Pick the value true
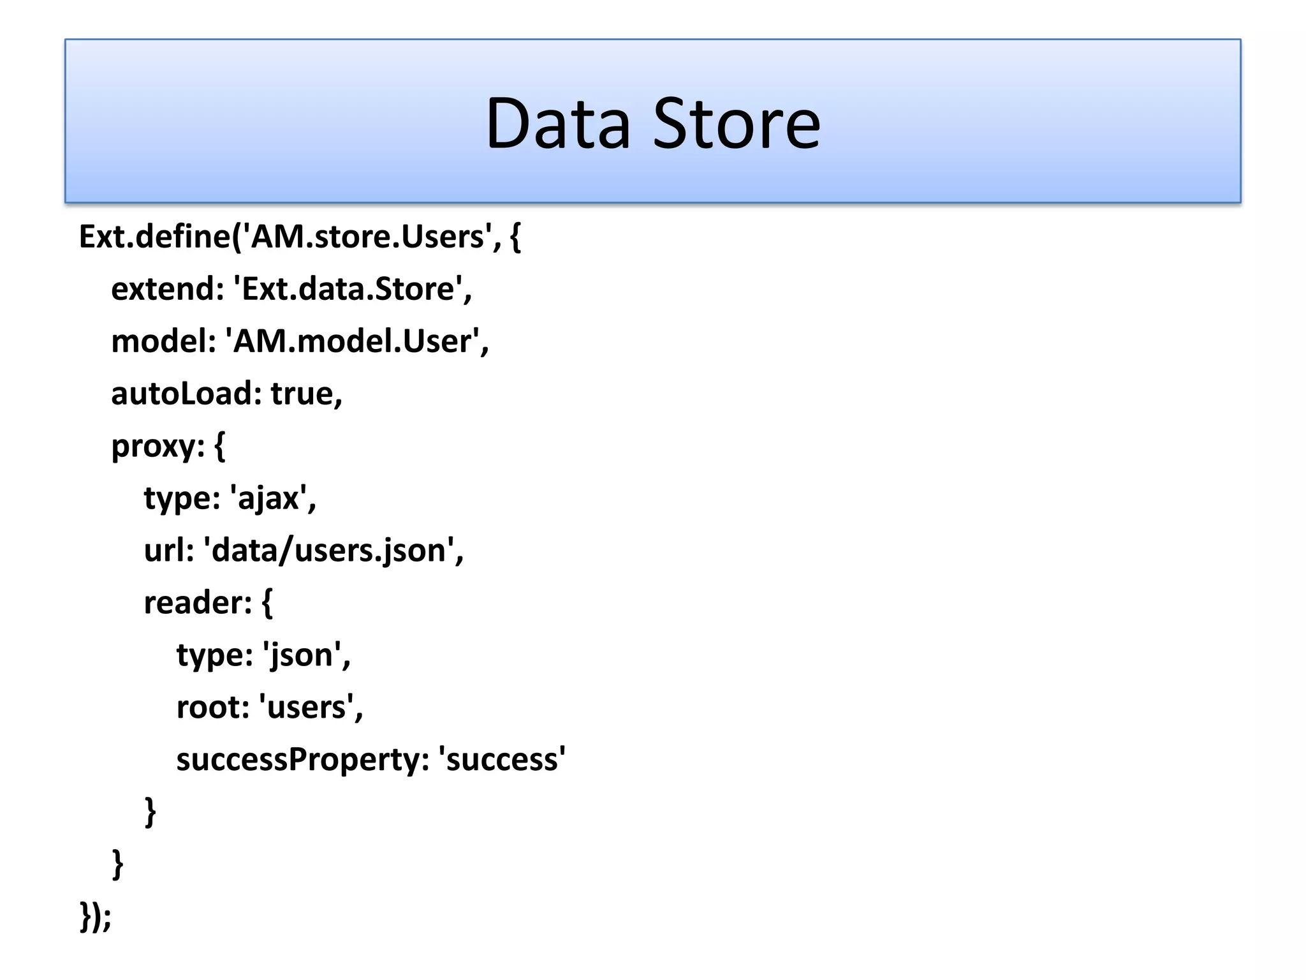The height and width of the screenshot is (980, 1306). [302, 394]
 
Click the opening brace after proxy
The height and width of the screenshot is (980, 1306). [220, 446]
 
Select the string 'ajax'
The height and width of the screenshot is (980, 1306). [268, 498]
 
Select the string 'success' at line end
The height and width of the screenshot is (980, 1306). [502, 760]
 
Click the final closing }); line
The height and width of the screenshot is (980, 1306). [96, 917]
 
